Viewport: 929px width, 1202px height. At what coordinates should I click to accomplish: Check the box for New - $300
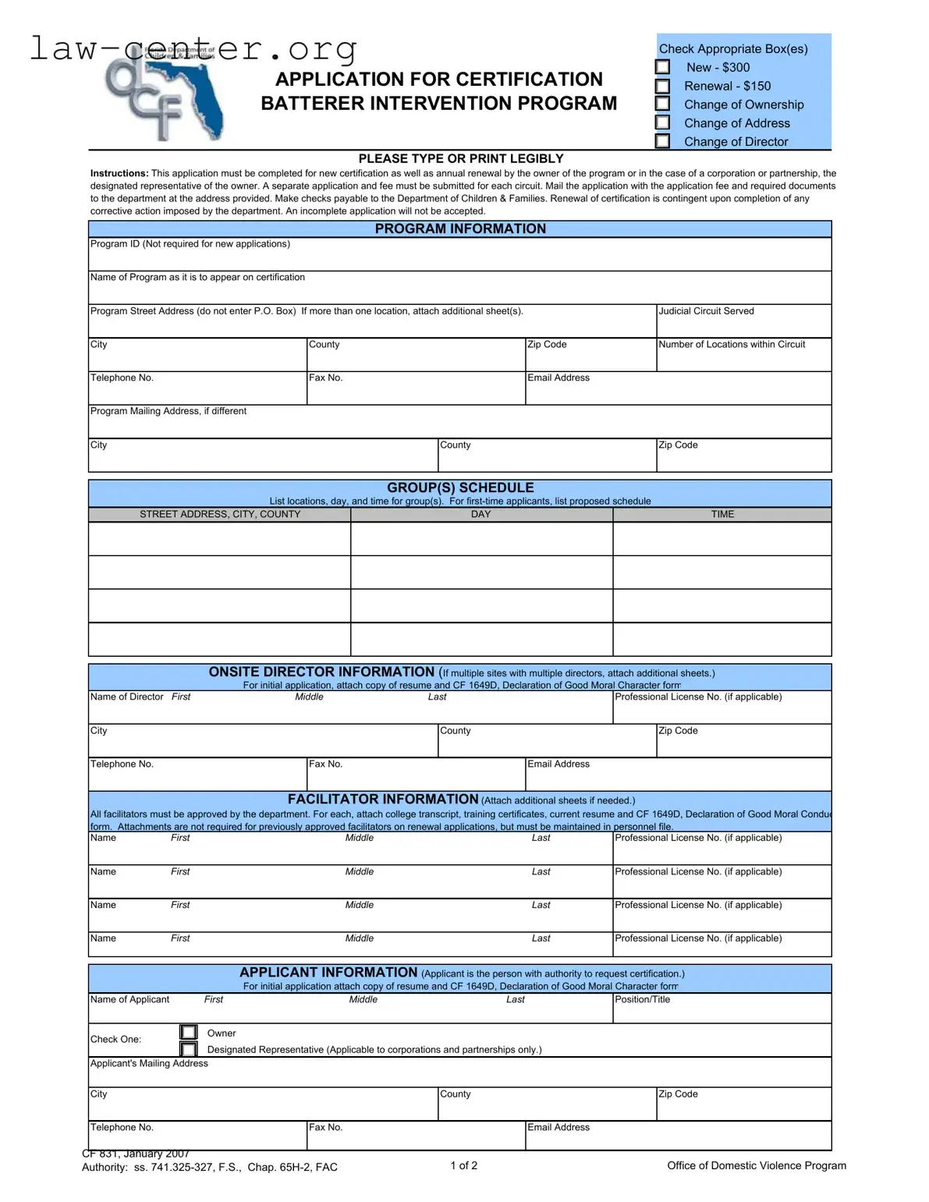pyautogui.click(x=662, y=67)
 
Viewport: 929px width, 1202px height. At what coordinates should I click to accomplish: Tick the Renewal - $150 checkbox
pyautogui.click(x=662, y=86)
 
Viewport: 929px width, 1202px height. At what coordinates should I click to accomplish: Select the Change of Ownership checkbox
pyautogui.click(x=662, y=104)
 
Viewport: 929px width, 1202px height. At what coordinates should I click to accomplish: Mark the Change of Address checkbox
pyautogui.click(x=662, y=122)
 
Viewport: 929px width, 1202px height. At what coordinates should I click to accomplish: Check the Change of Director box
pyautogui.click(x=662, y=141)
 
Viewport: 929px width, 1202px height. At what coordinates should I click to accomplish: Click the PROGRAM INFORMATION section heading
pyautogui.click(x=460, y=229)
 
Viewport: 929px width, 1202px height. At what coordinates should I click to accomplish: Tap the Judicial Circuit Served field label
pyautogui.click(x=706, y=311)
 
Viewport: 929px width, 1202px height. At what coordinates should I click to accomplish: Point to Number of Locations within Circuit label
pyautogui.click(x=732, y=345)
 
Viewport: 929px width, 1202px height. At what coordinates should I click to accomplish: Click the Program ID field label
pyautogui.click(x=190, y=244)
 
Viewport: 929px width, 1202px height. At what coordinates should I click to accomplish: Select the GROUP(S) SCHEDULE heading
pyautogui.click(x=460, y=488)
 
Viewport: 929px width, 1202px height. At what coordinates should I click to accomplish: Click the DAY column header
pyautogui.click(x=480, y=515)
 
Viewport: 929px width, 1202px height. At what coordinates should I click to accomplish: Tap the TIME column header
pyautogui.click(x=722, y=515)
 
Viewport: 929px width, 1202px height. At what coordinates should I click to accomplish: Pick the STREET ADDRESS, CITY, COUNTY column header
pyautogui.click(x=219, y=515)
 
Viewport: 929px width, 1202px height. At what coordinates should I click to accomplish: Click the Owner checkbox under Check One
pyautogui.click(x=188, y=1033)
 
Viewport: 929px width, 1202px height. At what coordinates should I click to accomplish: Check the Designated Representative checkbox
pyautogui.click(x=188, y=1050)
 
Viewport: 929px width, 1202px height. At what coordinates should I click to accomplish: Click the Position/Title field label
pyautogui.click(x=642, y=1000)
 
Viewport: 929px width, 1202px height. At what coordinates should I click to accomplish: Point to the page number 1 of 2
pyautogui.click(x=463, y=1165)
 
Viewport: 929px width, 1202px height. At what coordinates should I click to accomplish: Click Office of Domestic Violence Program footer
pyautogui.click(x=756, y=1165)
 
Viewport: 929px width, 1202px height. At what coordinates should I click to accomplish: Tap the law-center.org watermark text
pyautogui.click(x=193, y=48)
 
